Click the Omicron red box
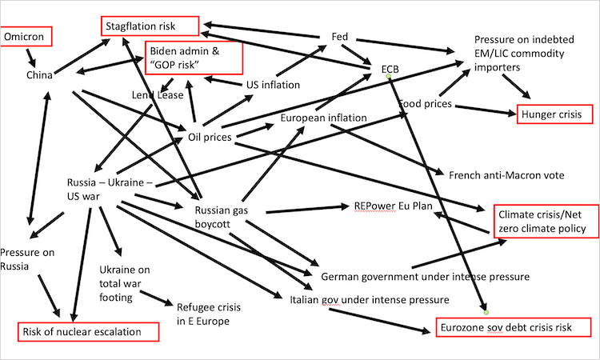click(26, 37)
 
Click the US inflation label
click(273, 85)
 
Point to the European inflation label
click(322, 118)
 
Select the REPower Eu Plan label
click(393, 206)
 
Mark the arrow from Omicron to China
click(30, 57)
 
